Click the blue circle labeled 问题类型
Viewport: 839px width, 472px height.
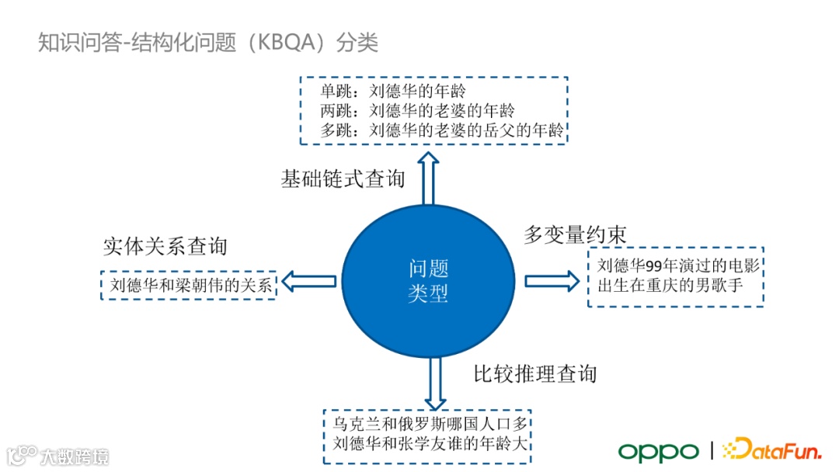point(428,280)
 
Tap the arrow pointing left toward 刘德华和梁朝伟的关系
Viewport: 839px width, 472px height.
point(308,281)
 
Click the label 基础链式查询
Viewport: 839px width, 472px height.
point(343,179)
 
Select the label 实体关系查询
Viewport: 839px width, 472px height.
point(165,246)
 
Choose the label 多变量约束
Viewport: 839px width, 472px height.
point(575,234)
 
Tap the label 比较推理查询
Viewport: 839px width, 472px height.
point(535,373)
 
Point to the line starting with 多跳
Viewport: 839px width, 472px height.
point(442,130)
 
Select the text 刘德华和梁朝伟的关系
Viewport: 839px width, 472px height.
point(190,286)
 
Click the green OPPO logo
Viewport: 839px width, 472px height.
point(658,451)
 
